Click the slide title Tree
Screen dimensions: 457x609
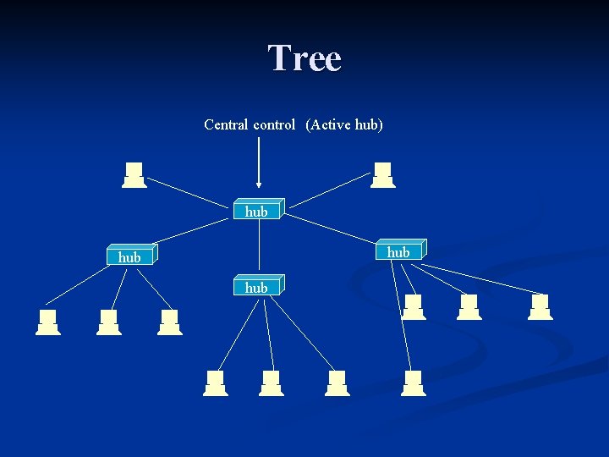coord(304,58)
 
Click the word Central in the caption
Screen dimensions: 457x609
coord(226,124)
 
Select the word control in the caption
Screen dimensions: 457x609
coord(274,124)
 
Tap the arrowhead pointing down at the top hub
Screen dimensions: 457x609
coord(259,183)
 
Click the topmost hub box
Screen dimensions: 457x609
coord(257,211)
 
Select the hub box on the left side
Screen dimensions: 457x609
coord(130,256)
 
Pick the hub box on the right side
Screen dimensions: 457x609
coord(398,251)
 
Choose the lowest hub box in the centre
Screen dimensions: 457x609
coord(257,287)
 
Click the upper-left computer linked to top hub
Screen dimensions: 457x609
coord(134,175)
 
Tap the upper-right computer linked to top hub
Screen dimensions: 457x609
coord(383,175)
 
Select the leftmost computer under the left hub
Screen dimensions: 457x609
coord(48,322)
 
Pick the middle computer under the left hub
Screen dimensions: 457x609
coord(109,322)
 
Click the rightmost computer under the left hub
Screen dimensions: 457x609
coord(170,322)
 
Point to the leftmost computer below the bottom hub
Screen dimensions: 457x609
coord(216,383)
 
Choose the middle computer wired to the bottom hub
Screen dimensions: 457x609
coord(271,383)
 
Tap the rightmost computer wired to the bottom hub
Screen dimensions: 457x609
coord(337,383)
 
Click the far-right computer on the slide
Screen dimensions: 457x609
coord(540,307)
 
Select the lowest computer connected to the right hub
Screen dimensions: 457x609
coord(413,383)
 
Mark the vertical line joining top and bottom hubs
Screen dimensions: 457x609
coord(259,247)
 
